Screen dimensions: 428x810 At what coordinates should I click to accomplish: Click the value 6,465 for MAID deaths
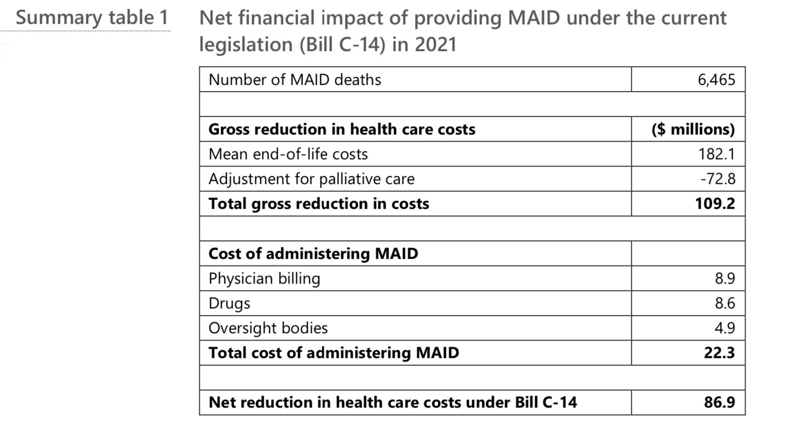point(716,80)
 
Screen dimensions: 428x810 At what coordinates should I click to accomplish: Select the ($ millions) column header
point(693,129)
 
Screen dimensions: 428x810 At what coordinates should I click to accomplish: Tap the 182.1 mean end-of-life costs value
point(717,154)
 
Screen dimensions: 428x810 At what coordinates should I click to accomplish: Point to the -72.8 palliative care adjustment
point(718,179)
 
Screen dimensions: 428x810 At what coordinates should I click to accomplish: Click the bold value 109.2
point(715,204)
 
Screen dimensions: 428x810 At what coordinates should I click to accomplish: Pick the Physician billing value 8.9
point(725,278)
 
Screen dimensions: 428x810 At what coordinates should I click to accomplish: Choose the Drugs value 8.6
point(725,303)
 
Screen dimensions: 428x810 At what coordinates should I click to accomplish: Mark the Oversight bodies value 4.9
point(725,328)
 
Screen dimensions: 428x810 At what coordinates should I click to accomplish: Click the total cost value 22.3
point(719,353)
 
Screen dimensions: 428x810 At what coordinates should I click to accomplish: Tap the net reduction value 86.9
point(719,402)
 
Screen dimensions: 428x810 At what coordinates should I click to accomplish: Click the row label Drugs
point(229,303)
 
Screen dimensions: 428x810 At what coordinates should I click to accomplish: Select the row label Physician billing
point(264,278)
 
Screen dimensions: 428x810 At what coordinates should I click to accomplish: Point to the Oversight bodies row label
point(268,328)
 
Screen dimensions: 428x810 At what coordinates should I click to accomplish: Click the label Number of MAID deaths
point(294,80)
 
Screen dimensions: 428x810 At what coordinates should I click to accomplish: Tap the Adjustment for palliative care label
point(311,179)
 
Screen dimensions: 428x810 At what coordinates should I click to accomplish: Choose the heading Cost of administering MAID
point(313,254)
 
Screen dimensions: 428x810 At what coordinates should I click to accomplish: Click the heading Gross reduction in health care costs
point(342,129)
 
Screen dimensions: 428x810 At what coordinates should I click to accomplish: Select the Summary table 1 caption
point(92,18)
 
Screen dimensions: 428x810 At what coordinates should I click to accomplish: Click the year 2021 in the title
point(435,44)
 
